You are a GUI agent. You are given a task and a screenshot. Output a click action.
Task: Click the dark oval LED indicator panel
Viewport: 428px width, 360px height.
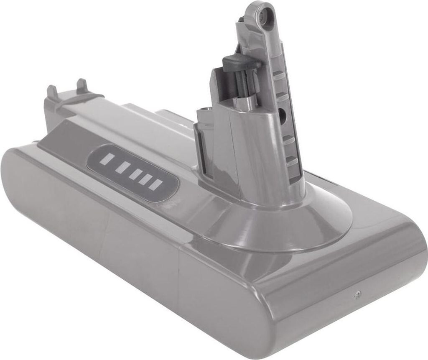132,173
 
